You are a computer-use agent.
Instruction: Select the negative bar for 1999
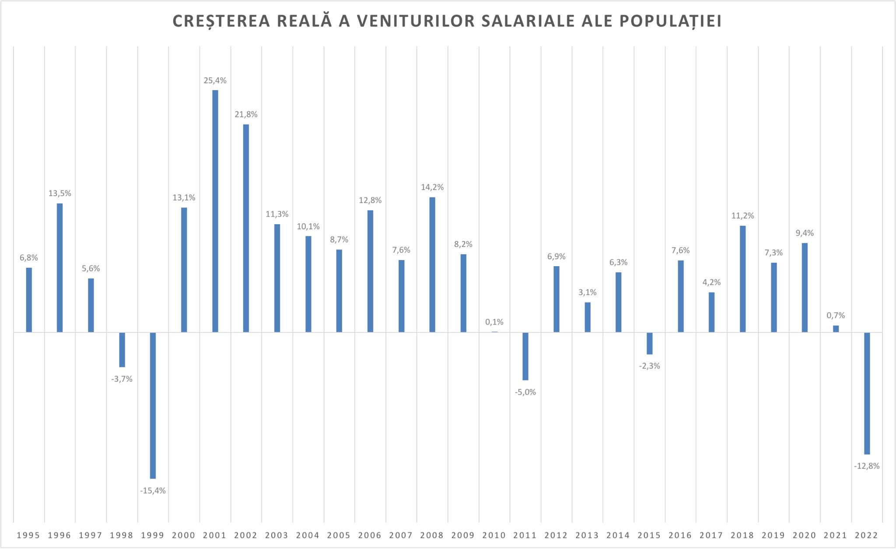coord(153,405)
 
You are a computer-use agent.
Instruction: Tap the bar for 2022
coord(867,393)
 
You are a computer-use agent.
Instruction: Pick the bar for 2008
coord(432,264)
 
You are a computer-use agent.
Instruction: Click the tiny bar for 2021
coord(836,329)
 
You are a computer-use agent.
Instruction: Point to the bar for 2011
coord(525,356)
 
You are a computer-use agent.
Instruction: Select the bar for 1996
coord(59,267)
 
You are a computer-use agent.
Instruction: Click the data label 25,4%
coord(215,81)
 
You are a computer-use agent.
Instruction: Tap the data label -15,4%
coord(153,491)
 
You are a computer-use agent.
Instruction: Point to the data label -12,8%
coord(867,466)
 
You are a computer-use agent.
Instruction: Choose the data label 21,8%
coord(246,115)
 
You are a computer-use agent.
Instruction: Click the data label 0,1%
coord(494,322)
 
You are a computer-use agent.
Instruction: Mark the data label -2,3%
coord(649,366)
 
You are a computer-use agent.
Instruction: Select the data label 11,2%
coord(742,216)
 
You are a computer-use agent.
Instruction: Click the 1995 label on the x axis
coord(28,535)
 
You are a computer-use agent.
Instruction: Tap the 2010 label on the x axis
coord(494,535)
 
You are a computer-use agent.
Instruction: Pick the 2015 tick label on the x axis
coord(649,535)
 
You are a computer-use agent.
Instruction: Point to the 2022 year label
coord(867,535)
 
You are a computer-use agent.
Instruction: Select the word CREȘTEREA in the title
coord(221,21)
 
